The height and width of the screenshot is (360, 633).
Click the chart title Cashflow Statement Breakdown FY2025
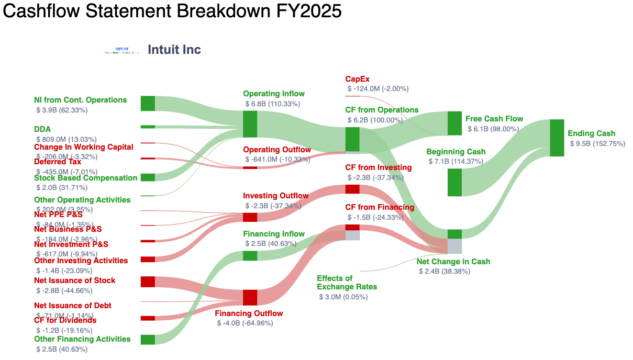pyautogui.click(x=172, y=12)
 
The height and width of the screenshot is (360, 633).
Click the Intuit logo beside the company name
pyautogui.click(x=121, y=50)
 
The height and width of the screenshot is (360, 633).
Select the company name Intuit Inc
pyautogui.click(x=174, y=50)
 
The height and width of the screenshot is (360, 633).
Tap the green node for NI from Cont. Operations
pyautogui.click(x=148, y=104)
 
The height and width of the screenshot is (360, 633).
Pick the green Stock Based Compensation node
pyautogui.click(x=148, y=177)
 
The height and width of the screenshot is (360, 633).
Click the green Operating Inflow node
pyautogui.click(x=250, y=124)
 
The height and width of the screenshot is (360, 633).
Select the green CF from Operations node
pyautogui.click(x=352, y=139)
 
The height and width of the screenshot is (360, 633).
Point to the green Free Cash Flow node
pyautogui.click(x=454, y=123)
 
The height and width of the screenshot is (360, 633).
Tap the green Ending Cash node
pyautogui.click(x=557, y=138)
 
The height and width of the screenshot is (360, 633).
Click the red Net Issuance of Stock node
pyautogui.click(x=148, y=282)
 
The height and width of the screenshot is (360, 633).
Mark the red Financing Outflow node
pyautogui.click(x=250, y=297)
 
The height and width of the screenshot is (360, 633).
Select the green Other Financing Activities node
pyautogui.click(x=148, y=340)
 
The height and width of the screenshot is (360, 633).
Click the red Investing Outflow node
pyautogui.click(x=250, y=217)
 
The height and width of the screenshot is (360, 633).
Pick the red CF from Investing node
pyautogui.click(x=352, y=189)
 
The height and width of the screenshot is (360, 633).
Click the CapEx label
pyautogui.click(x=357, y=79)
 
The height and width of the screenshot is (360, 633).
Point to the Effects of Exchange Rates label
pyautogui.click(x=347, y=283)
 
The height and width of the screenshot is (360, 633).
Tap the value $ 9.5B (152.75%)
pyautogui.click(x=597, y=143)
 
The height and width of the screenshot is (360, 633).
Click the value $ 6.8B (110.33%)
pyautogui.click(x=272, y=104)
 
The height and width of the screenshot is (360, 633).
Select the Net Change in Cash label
pyautogui.click(x=453, y=262)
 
